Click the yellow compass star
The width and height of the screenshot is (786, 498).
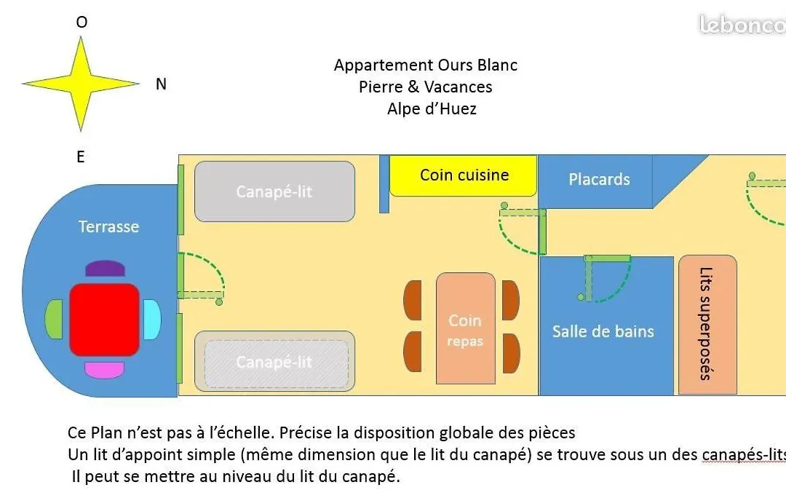click(81, 84)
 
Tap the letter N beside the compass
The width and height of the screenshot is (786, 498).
click(161, 84)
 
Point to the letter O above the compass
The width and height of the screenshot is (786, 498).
click(82, 22)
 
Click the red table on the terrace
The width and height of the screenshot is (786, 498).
click(104, 320)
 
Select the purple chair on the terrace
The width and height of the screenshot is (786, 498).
click(105, 269)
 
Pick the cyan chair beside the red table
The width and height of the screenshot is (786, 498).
click(152, 320)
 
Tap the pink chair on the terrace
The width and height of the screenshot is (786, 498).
click(104, 370)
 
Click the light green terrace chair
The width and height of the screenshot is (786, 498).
click(54, 320)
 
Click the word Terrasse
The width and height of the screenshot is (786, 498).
click(108, 226)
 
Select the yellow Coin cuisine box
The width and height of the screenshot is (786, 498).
click(463, 175)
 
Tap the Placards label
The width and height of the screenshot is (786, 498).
click(599, 180)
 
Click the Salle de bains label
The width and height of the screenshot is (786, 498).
click(603, 331)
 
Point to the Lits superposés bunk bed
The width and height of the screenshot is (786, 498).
click(707, 325)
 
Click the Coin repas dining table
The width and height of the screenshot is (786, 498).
click(466, 328)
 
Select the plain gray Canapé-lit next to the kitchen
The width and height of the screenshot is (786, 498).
click(274, 191)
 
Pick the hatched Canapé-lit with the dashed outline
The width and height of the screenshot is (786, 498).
click(274, 361)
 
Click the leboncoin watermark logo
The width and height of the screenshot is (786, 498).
click(742, 25)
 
